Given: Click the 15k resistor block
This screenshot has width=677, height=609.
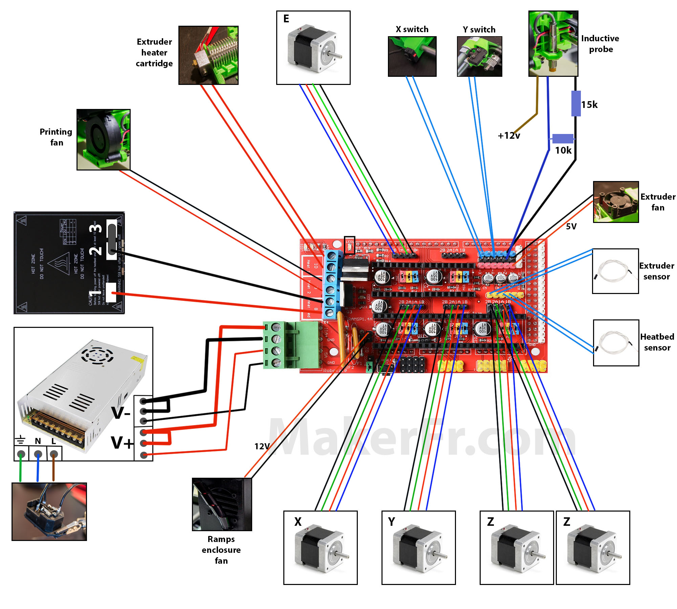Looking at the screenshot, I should [x=576, y=104].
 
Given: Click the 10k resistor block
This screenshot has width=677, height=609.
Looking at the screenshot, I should [x=563, y=139].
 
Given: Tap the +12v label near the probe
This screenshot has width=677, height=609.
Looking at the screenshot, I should [x=508, y=136].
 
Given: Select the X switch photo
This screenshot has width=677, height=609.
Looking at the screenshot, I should [x=412, y=57].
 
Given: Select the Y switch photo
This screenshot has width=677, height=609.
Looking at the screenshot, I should [x=479, y=57].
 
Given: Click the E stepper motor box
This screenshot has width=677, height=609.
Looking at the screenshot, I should [x=313, y=48].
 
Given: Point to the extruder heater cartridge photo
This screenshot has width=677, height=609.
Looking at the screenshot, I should [x=208, y=55].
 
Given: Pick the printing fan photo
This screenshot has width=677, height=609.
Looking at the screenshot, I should [x=103, y=139].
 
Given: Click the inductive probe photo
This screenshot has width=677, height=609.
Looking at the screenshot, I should [x=553, y=43].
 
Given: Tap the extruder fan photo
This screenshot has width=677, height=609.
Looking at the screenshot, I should [x=616, y=202].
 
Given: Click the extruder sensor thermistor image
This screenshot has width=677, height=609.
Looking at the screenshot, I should [x=615, y=271].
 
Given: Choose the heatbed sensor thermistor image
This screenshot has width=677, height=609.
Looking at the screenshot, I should [x=616, y=343].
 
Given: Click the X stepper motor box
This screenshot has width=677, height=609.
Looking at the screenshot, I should [x=320, y=548].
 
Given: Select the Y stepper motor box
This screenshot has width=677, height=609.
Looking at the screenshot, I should [x=418, y=548].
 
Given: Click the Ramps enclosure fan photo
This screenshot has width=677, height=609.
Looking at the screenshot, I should [x=222, y=504].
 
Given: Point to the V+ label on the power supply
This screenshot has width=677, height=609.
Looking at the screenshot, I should [x=122, y=443].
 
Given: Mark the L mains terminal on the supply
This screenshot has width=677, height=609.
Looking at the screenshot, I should [x=53, y=454].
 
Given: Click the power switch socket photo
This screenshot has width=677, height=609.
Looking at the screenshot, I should [x=49, y=512].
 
